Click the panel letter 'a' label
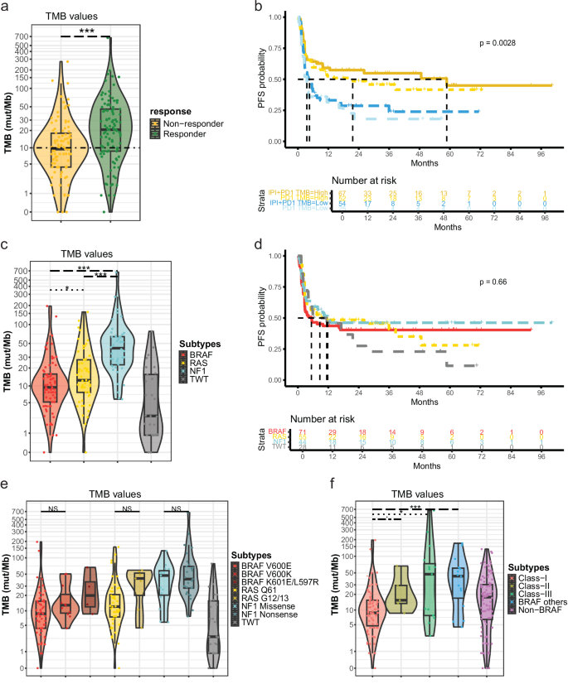point(6,7)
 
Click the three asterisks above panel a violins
point(85,31)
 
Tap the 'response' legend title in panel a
point(171,109)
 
